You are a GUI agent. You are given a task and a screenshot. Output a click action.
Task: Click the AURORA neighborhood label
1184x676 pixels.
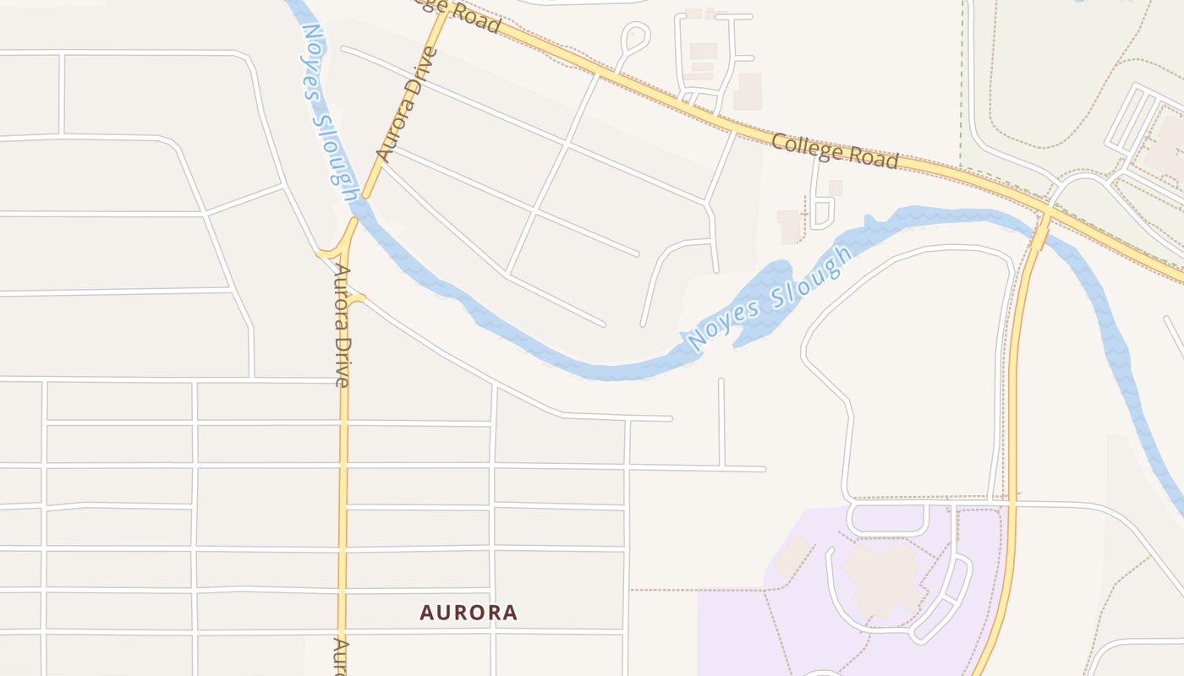coord(469,613)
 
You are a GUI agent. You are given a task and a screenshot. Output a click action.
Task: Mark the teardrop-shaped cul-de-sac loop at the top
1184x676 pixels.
coord(635,37)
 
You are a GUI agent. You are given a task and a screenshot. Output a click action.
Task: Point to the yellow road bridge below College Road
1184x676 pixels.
coord(1039,230)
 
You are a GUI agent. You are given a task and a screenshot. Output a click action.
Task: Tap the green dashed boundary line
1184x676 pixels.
coord(962,84)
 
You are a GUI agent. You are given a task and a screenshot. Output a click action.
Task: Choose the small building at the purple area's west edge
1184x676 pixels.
coord(792,558)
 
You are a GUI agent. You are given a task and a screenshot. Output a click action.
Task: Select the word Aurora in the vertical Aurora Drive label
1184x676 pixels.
coord(342,296)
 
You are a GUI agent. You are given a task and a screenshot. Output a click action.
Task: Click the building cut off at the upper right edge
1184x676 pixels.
coord(1167,148)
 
